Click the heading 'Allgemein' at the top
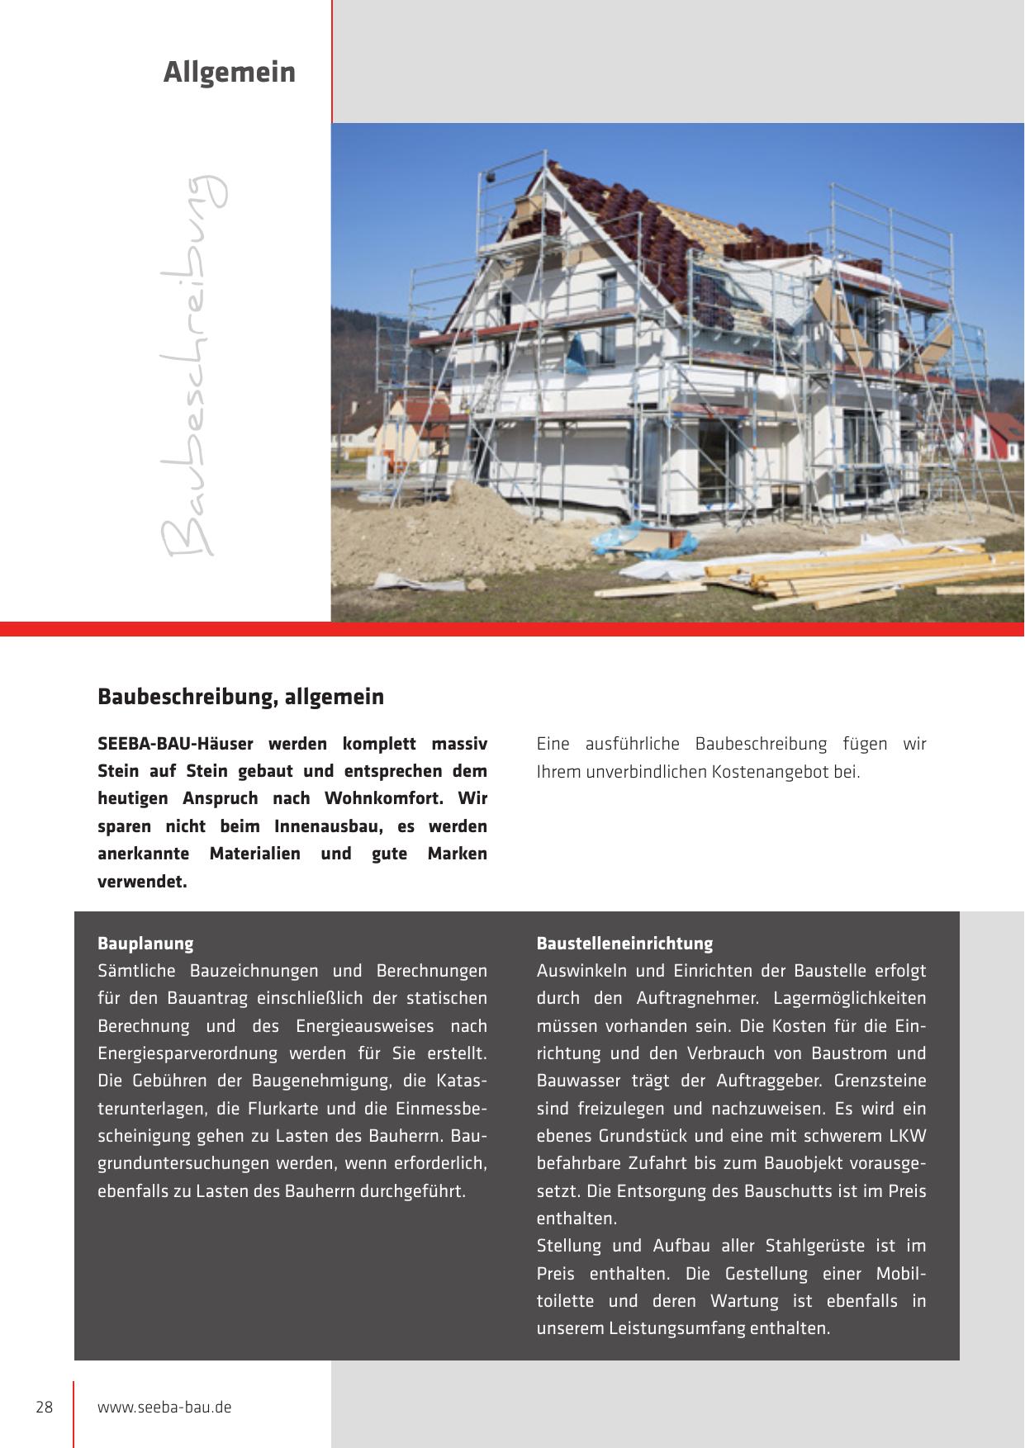coord(229,73)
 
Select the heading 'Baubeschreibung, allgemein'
coord(240,697)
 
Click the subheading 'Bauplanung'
coord(145,944)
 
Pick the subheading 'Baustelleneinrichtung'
coord(624,944)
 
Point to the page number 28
coord(44,1407)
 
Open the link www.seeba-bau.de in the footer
coord(164,1407)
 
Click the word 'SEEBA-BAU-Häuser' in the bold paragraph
coord(175,744)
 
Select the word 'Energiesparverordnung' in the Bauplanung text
coord(187,1054)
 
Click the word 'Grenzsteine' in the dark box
coord(880,1081)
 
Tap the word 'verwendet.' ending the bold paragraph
coord(142,882)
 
